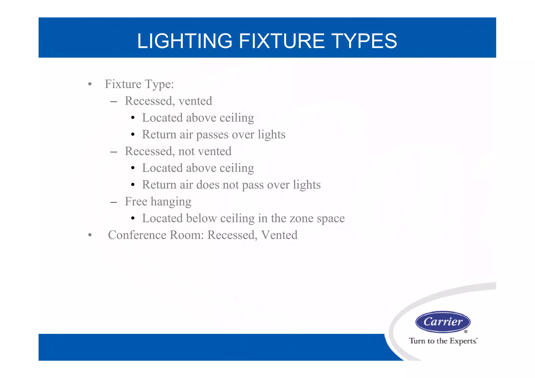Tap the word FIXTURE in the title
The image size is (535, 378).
coord(282,41)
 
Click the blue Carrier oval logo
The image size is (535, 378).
coord(443,322)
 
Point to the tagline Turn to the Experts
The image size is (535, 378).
coord(443,341)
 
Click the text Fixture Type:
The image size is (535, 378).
coord(139,84)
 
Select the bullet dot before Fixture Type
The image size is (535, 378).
coord(90,84)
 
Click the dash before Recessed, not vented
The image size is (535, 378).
coord(113,152)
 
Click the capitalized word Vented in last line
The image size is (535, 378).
coord(279,235)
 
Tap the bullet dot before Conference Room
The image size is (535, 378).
coord(90,235)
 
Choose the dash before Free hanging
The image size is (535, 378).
coord(113,202)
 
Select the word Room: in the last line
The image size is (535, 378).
coord(187,235)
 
